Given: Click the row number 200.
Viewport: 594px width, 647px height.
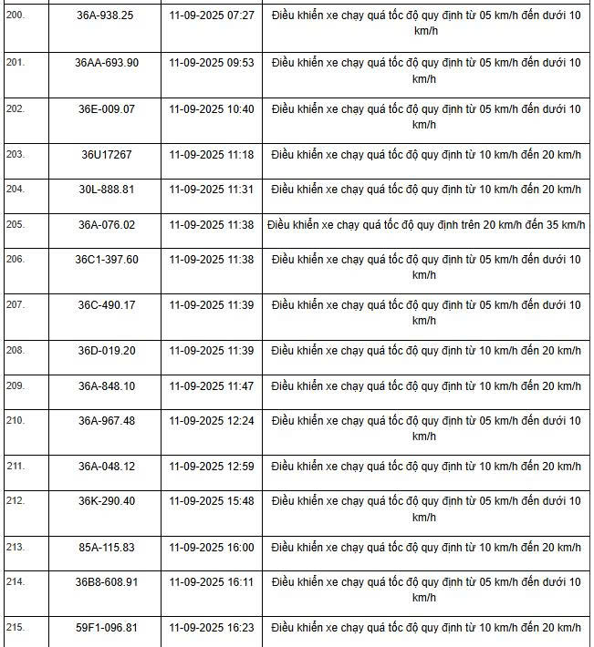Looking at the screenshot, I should point(16,16).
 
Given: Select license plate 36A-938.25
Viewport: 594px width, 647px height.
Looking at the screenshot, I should point(106,16).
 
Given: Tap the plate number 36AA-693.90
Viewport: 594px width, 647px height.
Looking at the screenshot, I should point(106,62).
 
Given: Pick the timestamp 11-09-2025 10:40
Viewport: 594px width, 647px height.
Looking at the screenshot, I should point(212,108).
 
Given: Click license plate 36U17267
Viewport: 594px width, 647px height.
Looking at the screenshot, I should point(106,155).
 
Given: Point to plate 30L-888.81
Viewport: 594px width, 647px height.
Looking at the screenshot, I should point(106,190).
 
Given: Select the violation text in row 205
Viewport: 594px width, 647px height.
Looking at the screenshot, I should point(426,224).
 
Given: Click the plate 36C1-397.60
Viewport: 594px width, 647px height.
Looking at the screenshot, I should point(106,260).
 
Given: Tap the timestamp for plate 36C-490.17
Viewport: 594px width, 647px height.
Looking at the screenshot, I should point(212,305).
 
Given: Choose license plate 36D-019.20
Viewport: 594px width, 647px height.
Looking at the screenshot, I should point(106,351).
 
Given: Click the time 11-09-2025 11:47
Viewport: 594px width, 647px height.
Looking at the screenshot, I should point(212,386).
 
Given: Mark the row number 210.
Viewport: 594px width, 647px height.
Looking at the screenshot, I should point(16,421).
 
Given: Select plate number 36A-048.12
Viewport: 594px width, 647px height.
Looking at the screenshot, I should point(106,467).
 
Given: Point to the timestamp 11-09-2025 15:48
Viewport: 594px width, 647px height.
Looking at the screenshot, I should point(212,501).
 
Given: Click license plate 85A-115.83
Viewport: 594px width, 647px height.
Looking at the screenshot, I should point(106,548).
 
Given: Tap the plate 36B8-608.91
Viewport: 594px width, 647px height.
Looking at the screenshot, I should point(106,582).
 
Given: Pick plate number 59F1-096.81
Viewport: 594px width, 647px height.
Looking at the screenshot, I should point(106,628).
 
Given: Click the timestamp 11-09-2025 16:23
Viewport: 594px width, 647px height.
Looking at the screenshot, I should point(212,628).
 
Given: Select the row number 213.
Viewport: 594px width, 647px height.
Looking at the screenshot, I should point(16,548).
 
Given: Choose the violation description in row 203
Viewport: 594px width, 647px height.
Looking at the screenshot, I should point(426,155).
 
